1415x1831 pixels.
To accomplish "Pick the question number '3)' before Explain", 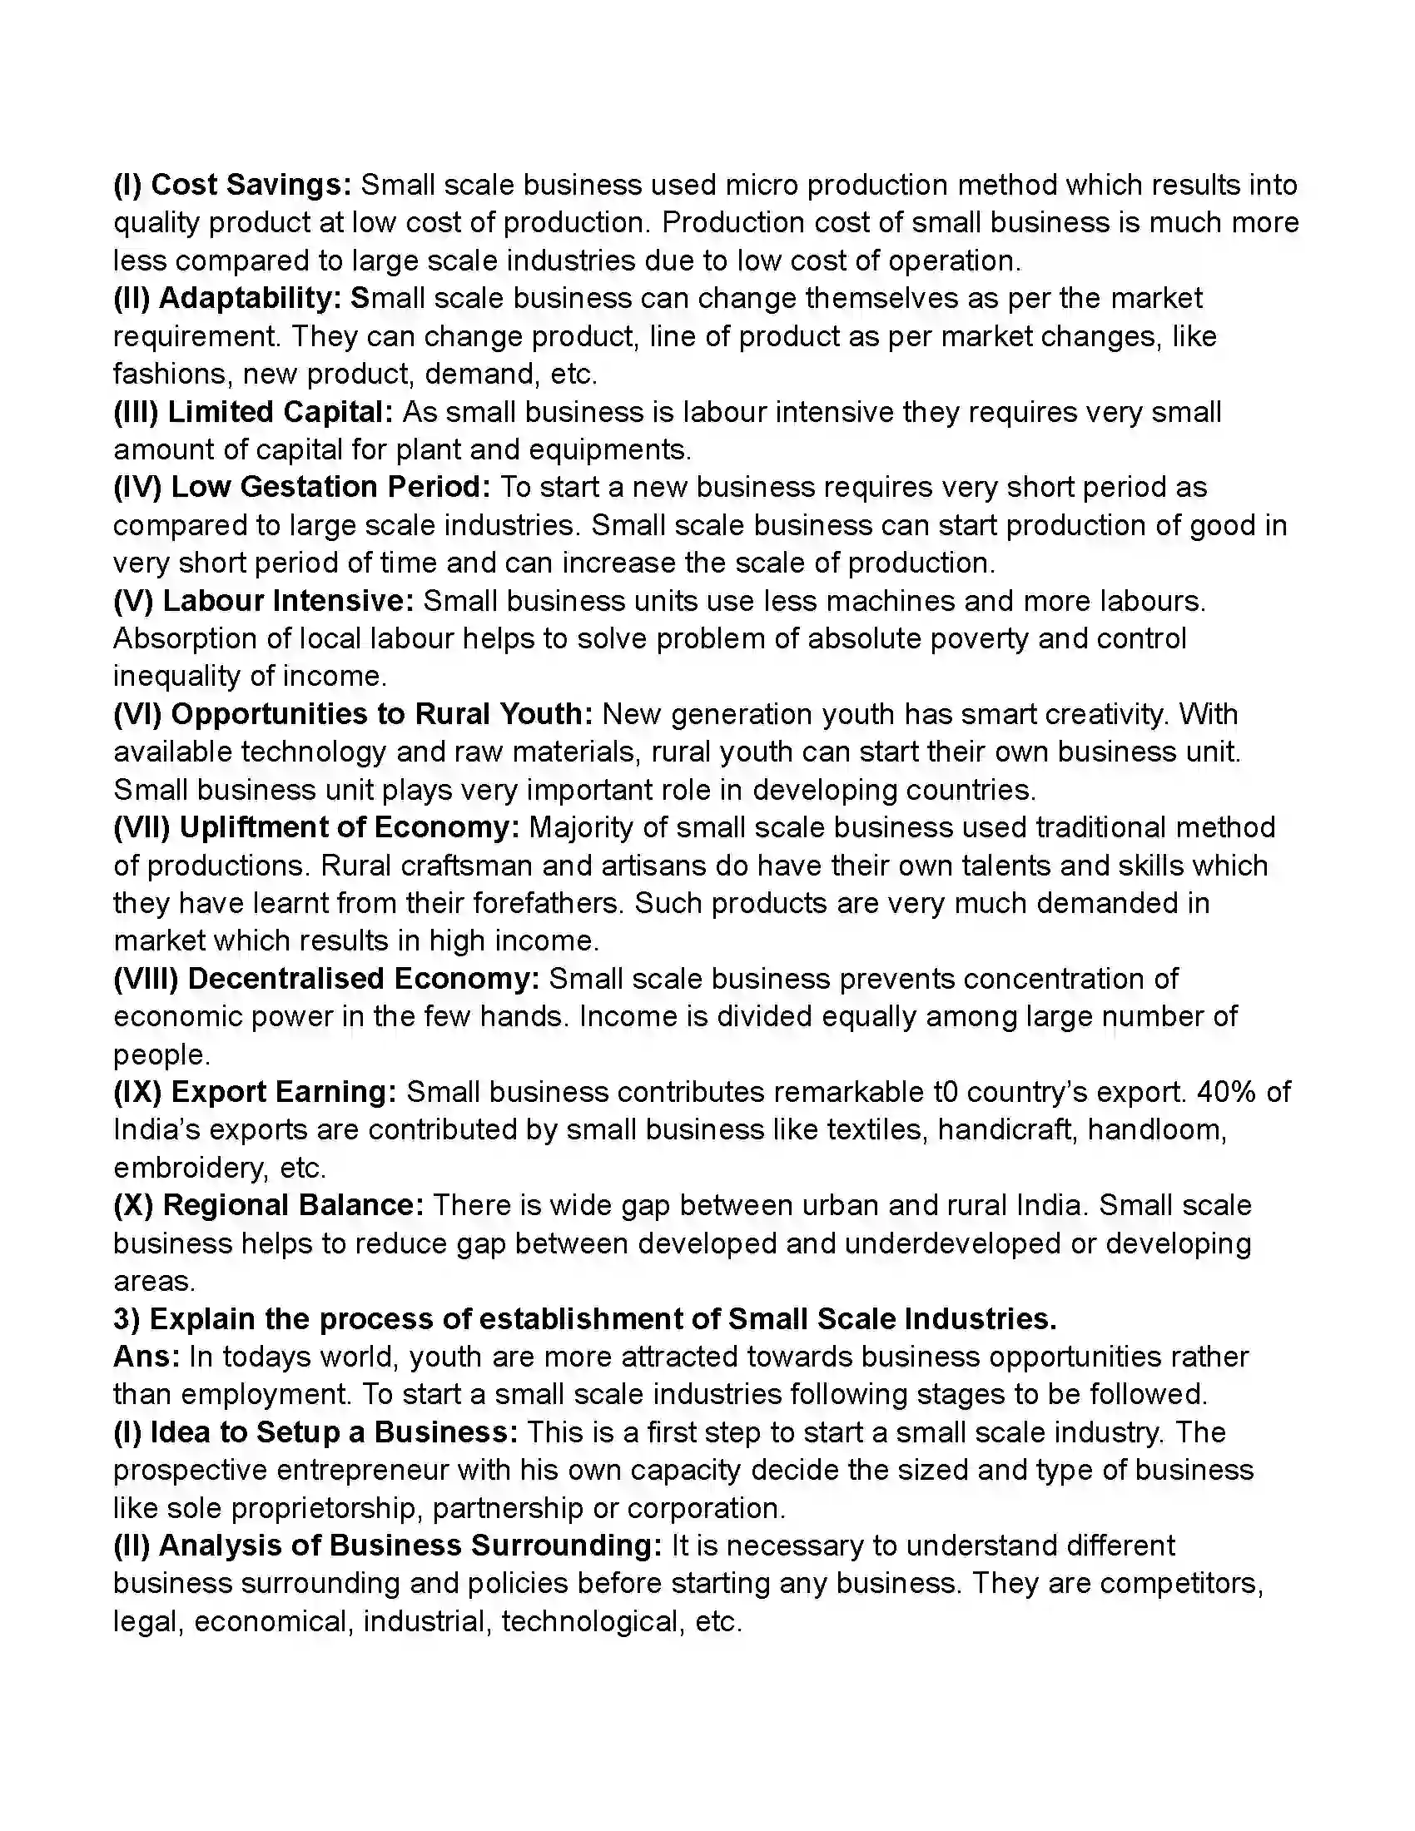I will (127, 1319).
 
